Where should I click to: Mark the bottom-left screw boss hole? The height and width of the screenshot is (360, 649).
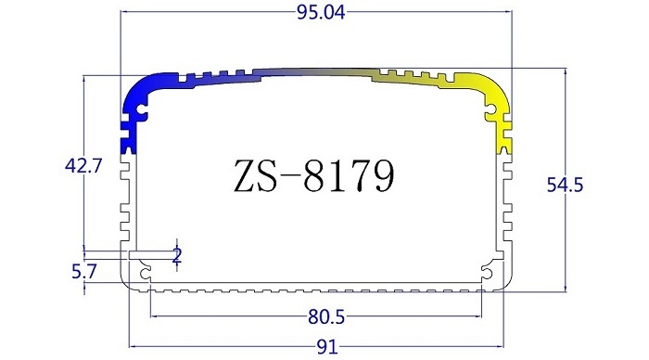click(x=146, y=271)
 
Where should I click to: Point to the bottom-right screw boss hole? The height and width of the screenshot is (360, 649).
click(x=486, y=271)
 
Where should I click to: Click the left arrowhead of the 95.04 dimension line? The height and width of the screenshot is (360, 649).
click(x=124, y=13)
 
